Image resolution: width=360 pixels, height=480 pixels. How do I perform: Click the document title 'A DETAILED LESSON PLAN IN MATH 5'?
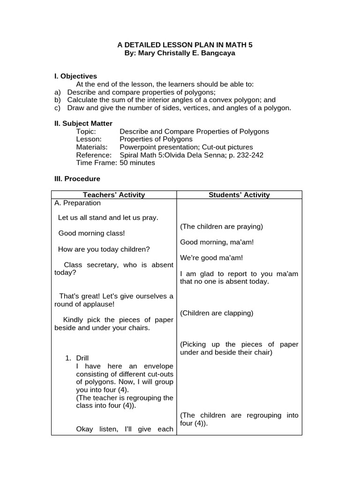coord(185,45)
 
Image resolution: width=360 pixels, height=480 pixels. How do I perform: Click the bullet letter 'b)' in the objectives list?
coord(58,100)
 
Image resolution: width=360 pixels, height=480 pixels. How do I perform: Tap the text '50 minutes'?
coord(137,163)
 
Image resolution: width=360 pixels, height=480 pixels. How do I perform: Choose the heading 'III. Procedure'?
coord(77,179)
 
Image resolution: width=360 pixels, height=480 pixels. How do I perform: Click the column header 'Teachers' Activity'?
coord(114,195)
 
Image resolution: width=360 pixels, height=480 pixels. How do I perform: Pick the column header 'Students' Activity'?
coord(239,195)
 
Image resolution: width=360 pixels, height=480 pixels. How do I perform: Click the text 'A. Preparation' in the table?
coord(77,203)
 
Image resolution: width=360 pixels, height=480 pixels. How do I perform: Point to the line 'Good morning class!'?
coord(91,233)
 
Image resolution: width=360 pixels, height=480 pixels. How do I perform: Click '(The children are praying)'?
coord(221,226)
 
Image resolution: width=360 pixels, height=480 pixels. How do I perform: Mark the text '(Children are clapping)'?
coord(217,313)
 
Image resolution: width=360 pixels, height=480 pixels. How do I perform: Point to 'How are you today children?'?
coord(104,249)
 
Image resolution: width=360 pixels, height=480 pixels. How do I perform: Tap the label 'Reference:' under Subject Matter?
coord(94,155)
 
